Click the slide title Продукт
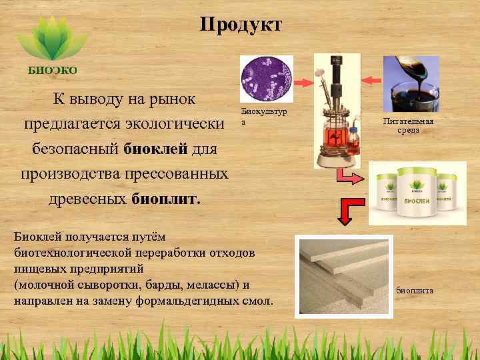click(241, 25)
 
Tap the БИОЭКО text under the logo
click(52, 70)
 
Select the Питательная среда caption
click(409, 125)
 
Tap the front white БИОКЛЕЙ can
click(409, 194)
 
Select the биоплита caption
click(414, 290)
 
